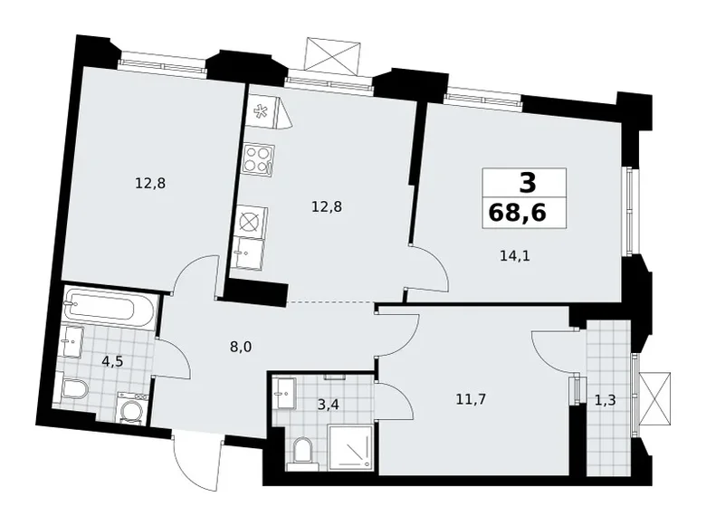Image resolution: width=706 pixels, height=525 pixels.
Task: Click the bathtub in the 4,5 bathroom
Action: (x=110, y=310)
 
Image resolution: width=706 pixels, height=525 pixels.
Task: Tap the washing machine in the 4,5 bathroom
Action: (x=132, y=408)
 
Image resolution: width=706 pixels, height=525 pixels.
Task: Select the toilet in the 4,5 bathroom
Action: (x=74, y=391)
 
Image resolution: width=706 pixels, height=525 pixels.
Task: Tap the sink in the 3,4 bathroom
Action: (x=285, y=392)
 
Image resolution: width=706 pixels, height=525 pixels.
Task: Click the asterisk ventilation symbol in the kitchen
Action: (x=260, y=112)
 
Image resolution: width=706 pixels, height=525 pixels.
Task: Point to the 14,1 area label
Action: (x=514, y=255)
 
